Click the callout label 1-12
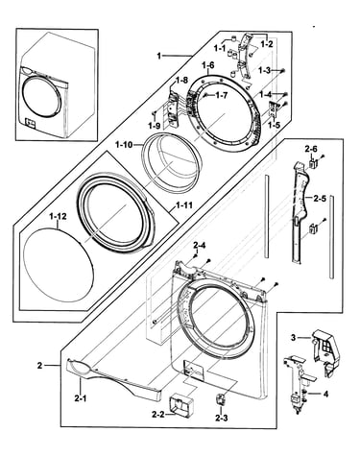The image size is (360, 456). tap(58, 217)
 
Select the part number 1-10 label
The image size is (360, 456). tap(124, 145)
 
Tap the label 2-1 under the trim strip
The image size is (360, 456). tap(81, 398)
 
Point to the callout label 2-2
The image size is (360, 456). tap(158, 415)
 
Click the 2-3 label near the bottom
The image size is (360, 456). tap(222, 418)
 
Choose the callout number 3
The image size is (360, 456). tap(293, 337)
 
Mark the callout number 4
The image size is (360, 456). tap(325, 395)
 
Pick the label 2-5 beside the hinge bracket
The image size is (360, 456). tap(320, 199)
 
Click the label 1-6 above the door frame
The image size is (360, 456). tap(208, 65)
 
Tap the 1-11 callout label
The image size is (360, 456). tap(184, 204)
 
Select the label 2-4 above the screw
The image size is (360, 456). tap(199, 246)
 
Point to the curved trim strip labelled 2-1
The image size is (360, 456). tap(113, 377)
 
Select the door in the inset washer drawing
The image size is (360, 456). tap(40, 93)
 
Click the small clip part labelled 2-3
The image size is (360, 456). tap(221, 399)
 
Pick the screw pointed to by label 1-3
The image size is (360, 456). tap(283, 71)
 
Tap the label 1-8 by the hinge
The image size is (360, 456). tap(182, 81)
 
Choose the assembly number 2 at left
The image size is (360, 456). tap(39, 365)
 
